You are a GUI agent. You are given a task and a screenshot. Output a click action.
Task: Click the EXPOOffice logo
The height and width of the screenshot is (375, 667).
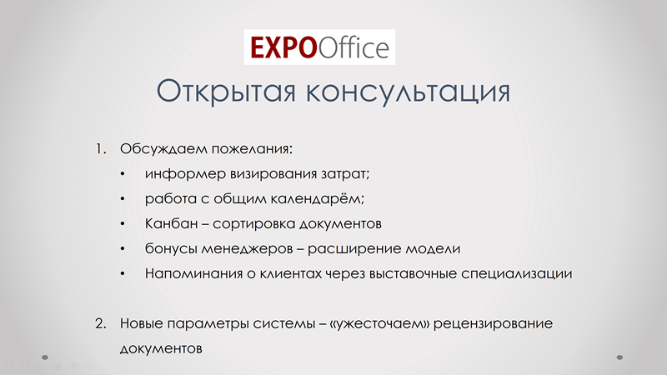319,47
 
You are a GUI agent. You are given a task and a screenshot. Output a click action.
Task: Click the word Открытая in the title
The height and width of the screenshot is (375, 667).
226,92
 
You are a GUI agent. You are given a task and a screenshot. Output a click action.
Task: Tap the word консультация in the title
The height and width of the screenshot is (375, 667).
408,92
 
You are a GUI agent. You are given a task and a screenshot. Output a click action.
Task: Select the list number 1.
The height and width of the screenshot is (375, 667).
100,149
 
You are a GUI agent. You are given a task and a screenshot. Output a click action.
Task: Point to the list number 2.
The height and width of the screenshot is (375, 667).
100,323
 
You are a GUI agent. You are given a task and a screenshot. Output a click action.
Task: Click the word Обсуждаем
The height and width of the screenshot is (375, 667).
163,150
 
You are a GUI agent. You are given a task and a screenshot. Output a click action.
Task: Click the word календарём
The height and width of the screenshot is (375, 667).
318,198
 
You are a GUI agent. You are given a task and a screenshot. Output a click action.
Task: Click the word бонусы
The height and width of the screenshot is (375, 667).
171,248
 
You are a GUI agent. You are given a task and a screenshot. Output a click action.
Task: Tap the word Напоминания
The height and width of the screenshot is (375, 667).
193,273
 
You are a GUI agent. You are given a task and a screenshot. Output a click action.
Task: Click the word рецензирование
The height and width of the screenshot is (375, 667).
494,324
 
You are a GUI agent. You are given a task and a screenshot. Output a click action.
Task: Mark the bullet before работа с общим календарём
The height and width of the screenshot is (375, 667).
123,199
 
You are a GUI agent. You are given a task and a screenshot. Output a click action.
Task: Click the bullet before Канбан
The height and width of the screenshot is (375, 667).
123,223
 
